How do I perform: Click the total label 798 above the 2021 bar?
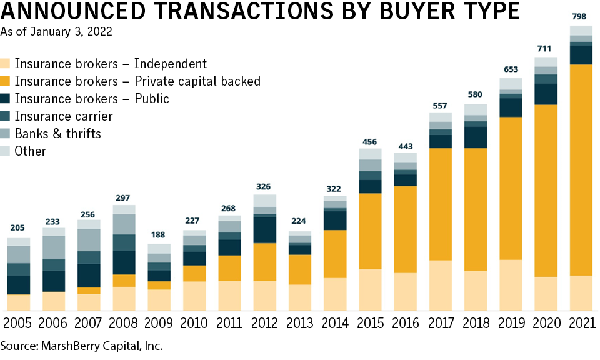click(x=581, y=16)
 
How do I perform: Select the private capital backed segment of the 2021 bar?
click(x=581, y=169)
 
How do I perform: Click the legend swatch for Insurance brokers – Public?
click(x=6, y=99)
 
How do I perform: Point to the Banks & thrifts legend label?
click(x=57, y=134)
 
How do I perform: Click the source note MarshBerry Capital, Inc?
click(x=81, y=345)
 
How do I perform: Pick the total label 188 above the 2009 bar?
click(x=159, y=235)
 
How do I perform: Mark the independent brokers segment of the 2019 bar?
click(x=511, y=285)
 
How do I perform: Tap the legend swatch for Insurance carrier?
click(x=6, y=116)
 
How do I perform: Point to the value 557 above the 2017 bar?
click(x=440, y=104)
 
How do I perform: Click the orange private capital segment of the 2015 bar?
click(x=370, y=231)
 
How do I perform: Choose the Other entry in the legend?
click(x=31, y=151)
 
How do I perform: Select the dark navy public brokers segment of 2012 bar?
click(x=264, y=229)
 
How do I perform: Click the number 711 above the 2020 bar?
click(x=546, y=48)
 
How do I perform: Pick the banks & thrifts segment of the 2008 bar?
click(x=124, y=224)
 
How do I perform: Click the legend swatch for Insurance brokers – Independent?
click(x=6, y=64)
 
